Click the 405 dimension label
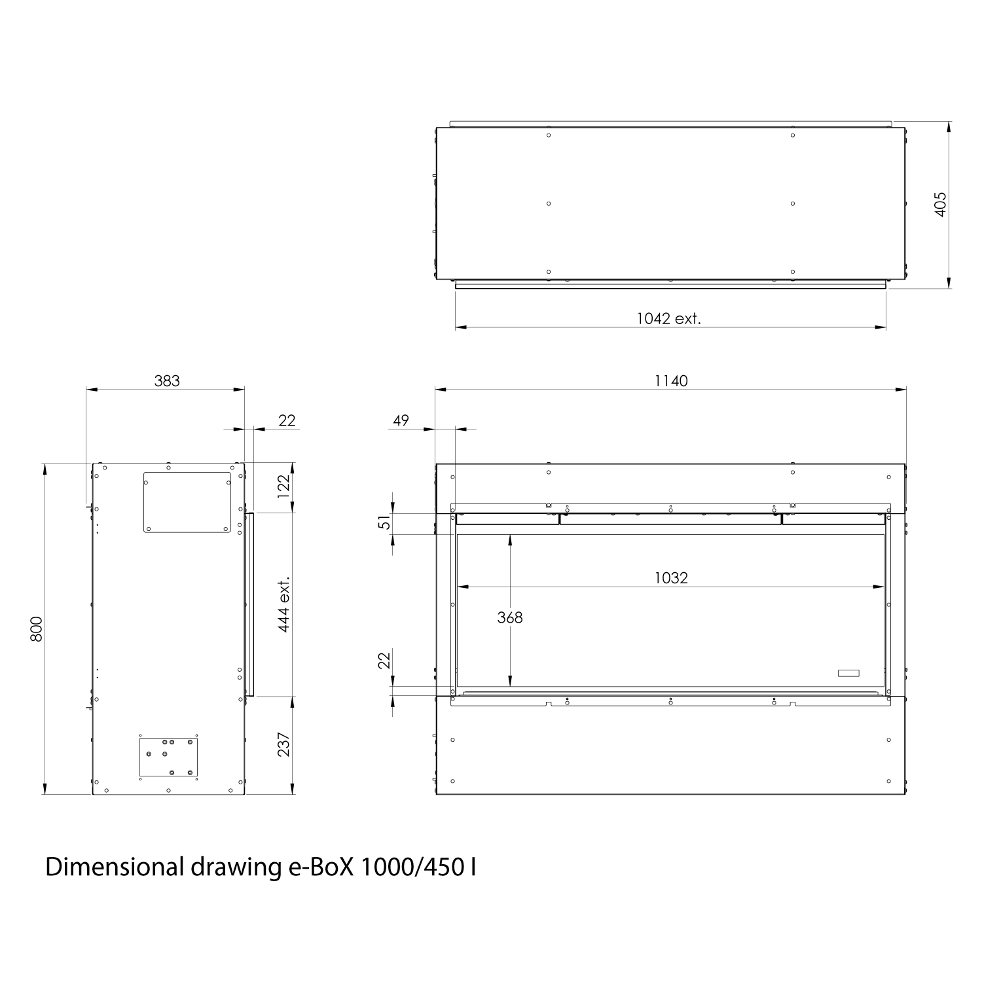tap(941, 204)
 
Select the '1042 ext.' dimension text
tap(668, 319)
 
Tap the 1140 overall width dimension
tap(671, 380)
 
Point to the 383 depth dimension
tap(166, 380)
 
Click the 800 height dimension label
tap(37, 628)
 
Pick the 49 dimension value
tap(401, 420)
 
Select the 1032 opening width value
tap(671, 577)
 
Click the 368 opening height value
tap(509, 617)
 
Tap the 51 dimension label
tap(385, 522)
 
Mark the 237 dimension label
tap(284, 744)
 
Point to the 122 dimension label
tap(284, 486)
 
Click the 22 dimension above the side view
tap(287, 420)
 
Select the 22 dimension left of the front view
tap(385, 659)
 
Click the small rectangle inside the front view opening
tap(848, 673)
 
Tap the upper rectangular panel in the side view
tap(187, 502)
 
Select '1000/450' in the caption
tap(412, 867)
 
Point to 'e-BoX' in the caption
tap(321, 867)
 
